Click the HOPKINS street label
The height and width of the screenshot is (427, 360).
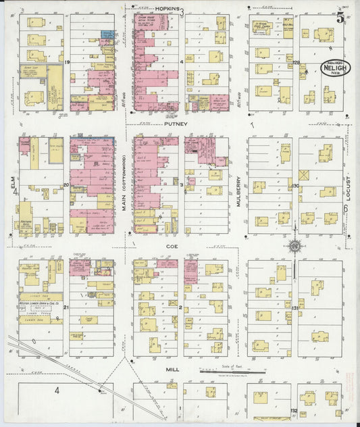[167, 9]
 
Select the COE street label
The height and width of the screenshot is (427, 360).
[171, 247]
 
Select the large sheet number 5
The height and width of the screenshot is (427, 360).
[340, 18]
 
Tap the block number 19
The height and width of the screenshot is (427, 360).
[68, 61]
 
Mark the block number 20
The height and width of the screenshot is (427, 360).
[66, 184]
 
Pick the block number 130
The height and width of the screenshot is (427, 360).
[295, 185]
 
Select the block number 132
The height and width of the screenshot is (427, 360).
[294, 410]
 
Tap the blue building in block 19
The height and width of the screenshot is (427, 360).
[107, 34]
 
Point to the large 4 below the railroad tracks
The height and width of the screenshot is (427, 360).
[57, 390]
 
